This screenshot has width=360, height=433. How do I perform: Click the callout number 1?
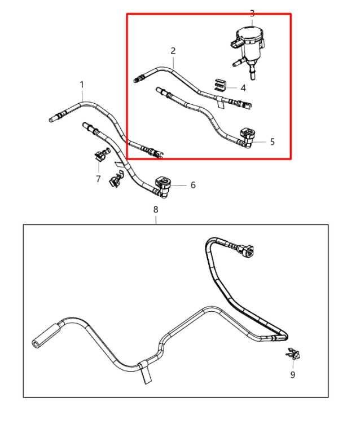(x=82, y=85)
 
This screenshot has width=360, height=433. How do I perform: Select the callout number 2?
(x=173, y=51)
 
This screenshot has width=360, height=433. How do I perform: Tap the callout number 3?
(x=252, y=13)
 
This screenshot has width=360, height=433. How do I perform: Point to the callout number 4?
(x=243, y=88)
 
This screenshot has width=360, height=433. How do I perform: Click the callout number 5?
(x=273, y=142)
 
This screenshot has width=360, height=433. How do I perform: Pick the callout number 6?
(x=193, y=185)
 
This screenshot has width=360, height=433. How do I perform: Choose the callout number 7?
(x=98, y=179)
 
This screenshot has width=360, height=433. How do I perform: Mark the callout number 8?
(x=156, y=210)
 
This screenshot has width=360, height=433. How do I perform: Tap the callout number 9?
(x=293, y=374)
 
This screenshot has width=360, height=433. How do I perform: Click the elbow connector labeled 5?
(x=247, y=137)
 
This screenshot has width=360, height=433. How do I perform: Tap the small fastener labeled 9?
(x=293, y=354)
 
